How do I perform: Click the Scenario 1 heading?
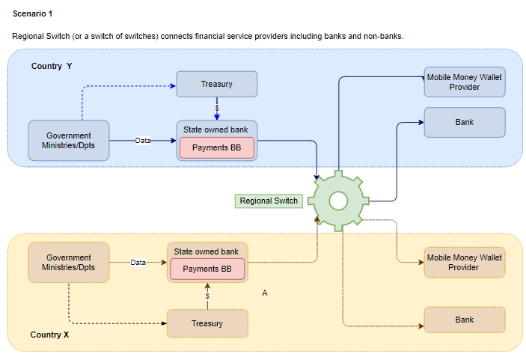33,13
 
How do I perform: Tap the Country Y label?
52,66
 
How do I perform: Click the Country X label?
49,335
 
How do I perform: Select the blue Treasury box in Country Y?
216,84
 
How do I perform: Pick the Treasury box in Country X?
207,323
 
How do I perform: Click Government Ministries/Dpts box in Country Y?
69,141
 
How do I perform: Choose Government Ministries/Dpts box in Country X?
69,263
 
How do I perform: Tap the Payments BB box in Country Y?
216,147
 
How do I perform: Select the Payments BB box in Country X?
207,269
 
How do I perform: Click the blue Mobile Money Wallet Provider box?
464,82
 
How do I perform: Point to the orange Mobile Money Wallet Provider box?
464,263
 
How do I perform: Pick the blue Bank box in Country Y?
464,122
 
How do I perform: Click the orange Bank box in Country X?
464,320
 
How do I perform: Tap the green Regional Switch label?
269,201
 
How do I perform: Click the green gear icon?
338,200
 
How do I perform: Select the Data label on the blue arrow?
143,141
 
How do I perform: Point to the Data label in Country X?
138,262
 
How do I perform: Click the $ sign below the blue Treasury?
216,109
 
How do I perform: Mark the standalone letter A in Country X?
265,293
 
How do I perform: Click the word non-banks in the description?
384,36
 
